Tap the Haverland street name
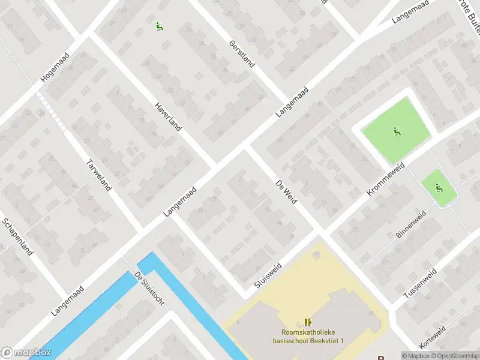tap(167, 116)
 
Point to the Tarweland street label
tap(99, 175)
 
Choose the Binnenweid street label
tap(410, 224)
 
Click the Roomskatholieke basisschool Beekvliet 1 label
tap(308, 337)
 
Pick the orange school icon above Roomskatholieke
tap(308, 322)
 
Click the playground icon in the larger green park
tap(397, 131)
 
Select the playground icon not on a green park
tap(159, 26)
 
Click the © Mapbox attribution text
tap(416, 356)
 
